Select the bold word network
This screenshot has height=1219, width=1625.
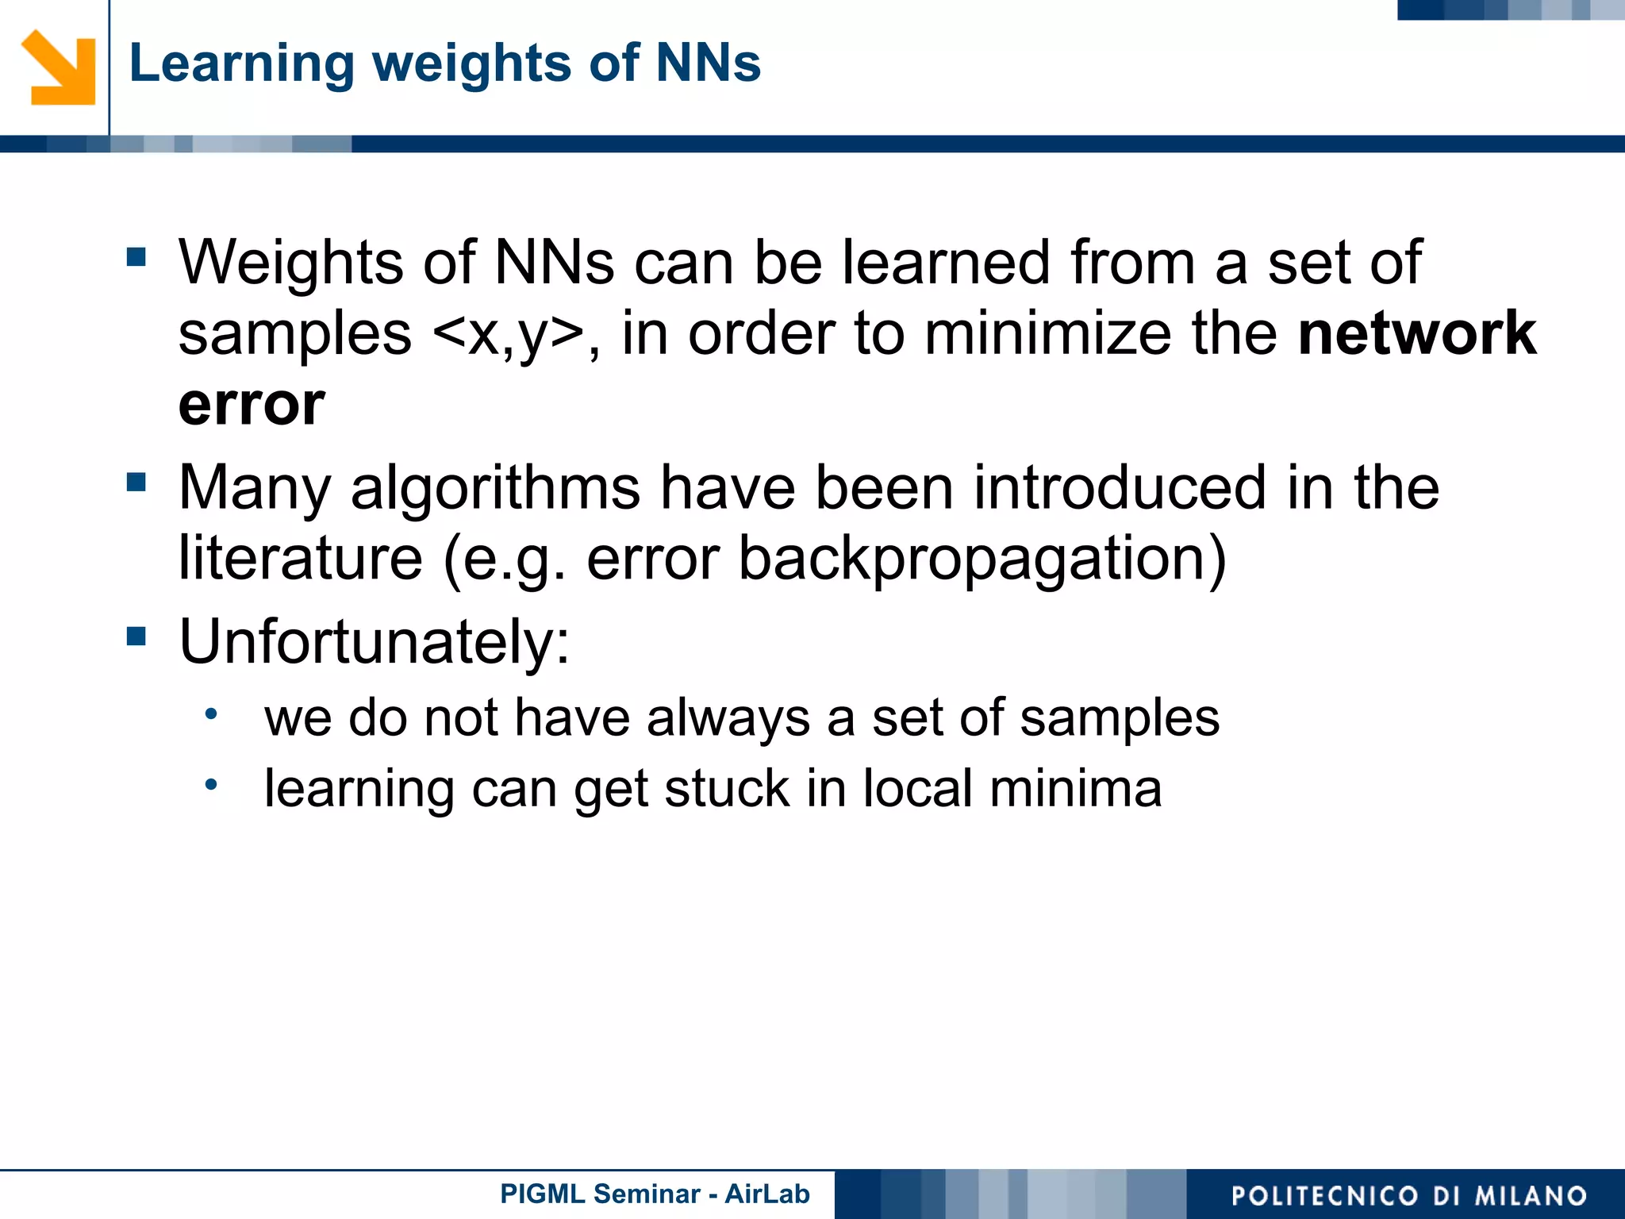[x=1417, y=333]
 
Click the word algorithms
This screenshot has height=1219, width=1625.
[x=495, y=488]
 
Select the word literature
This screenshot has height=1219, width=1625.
[x=300, y=558]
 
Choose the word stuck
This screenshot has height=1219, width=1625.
[x=727, y=789]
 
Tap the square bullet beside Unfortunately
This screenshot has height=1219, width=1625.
[x=136, y=636]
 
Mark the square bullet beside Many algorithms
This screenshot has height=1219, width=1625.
[x=136, y=482]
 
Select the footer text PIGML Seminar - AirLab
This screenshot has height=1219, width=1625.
[x=655, y=1194]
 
